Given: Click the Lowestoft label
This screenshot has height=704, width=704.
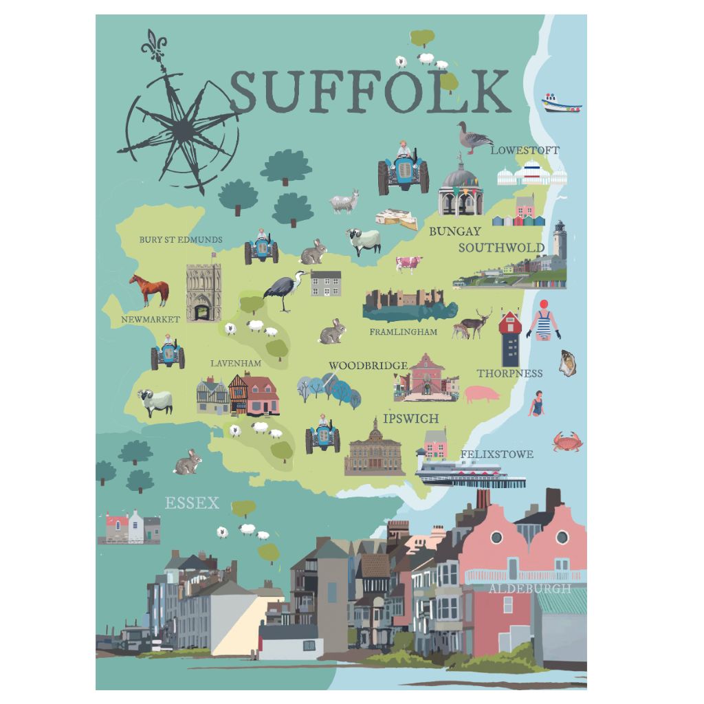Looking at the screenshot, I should point(525,150).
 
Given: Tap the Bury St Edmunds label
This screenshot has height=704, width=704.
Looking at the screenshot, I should point(181,240).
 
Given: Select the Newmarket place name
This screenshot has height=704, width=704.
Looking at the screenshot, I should point(151,320).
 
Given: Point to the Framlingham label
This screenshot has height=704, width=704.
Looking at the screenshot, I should point(403,332).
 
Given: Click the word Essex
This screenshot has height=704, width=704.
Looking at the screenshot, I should point(192,503).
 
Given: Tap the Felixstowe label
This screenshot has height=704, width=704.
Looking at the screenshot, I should point(496,454).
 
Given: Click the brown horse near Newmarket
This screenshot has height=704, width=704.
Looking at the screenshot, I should point(150,289).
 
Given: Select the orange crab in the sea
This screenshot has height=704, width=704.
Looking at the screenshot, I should point(567,441).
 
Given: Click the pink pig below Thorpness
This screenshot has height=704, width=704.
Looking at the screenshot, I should point(481,394).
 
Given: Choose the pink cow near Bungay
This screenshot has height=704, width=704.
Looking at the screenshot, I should point(409,264).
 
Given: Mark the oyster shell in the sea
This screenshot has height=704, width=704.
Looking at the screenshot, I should point(567,362).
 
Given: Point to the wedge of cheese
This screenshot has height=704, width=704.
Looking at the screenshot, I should point(397,219).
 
